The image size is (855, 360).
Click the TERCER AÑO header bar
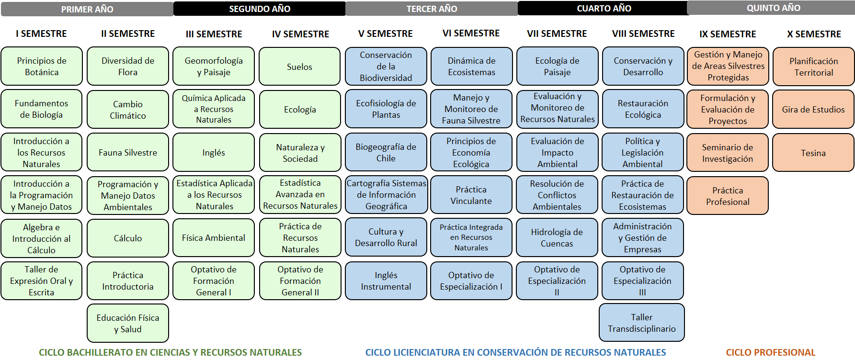click(x=432, y=9)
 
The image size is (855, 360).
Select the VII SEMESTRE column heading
click(x=557, y=34)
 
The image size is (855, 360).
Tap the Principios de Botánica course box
click(x=42, y=66)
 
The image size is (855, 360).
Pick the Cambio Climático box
click(x=128, y=110)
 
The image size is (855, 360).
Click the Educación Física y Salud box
click(x=128, y=323)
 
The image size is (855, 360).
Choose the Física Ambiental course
click(x=214, y=238)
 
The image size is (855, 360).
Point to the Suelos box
click(x=300, y=67)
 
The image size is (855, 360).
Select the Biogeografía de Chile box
click(x=386, y=152)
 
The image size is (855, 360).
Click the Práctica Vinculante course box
click(x=471, y=195)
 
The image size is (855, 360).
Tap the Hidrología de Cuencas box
click(x=557, y=237)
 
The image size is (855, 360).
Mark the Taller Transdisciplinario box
click(x=642, y=323)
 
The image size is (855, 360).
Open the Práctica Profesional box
click(x=728, y=196)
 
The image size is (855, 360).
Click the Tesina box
click(x=813, y=153)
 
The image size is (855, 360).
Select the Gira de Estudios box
click(x=813, y=109)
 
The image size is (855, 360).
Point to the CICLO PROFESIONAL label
click(x=770, y=352)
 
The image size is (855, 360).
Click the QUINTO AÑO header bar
click(x=773, y=8)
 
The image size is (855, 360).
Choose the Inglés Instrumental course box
click(x=386, y=281)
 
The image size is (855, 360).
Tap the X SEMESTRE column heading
click(x=814, y=34)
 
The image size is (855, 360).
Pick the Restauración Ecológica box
click(x=643, y=109)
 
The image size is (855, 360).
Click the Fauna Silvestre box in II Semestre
click(x=128, y=152)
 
